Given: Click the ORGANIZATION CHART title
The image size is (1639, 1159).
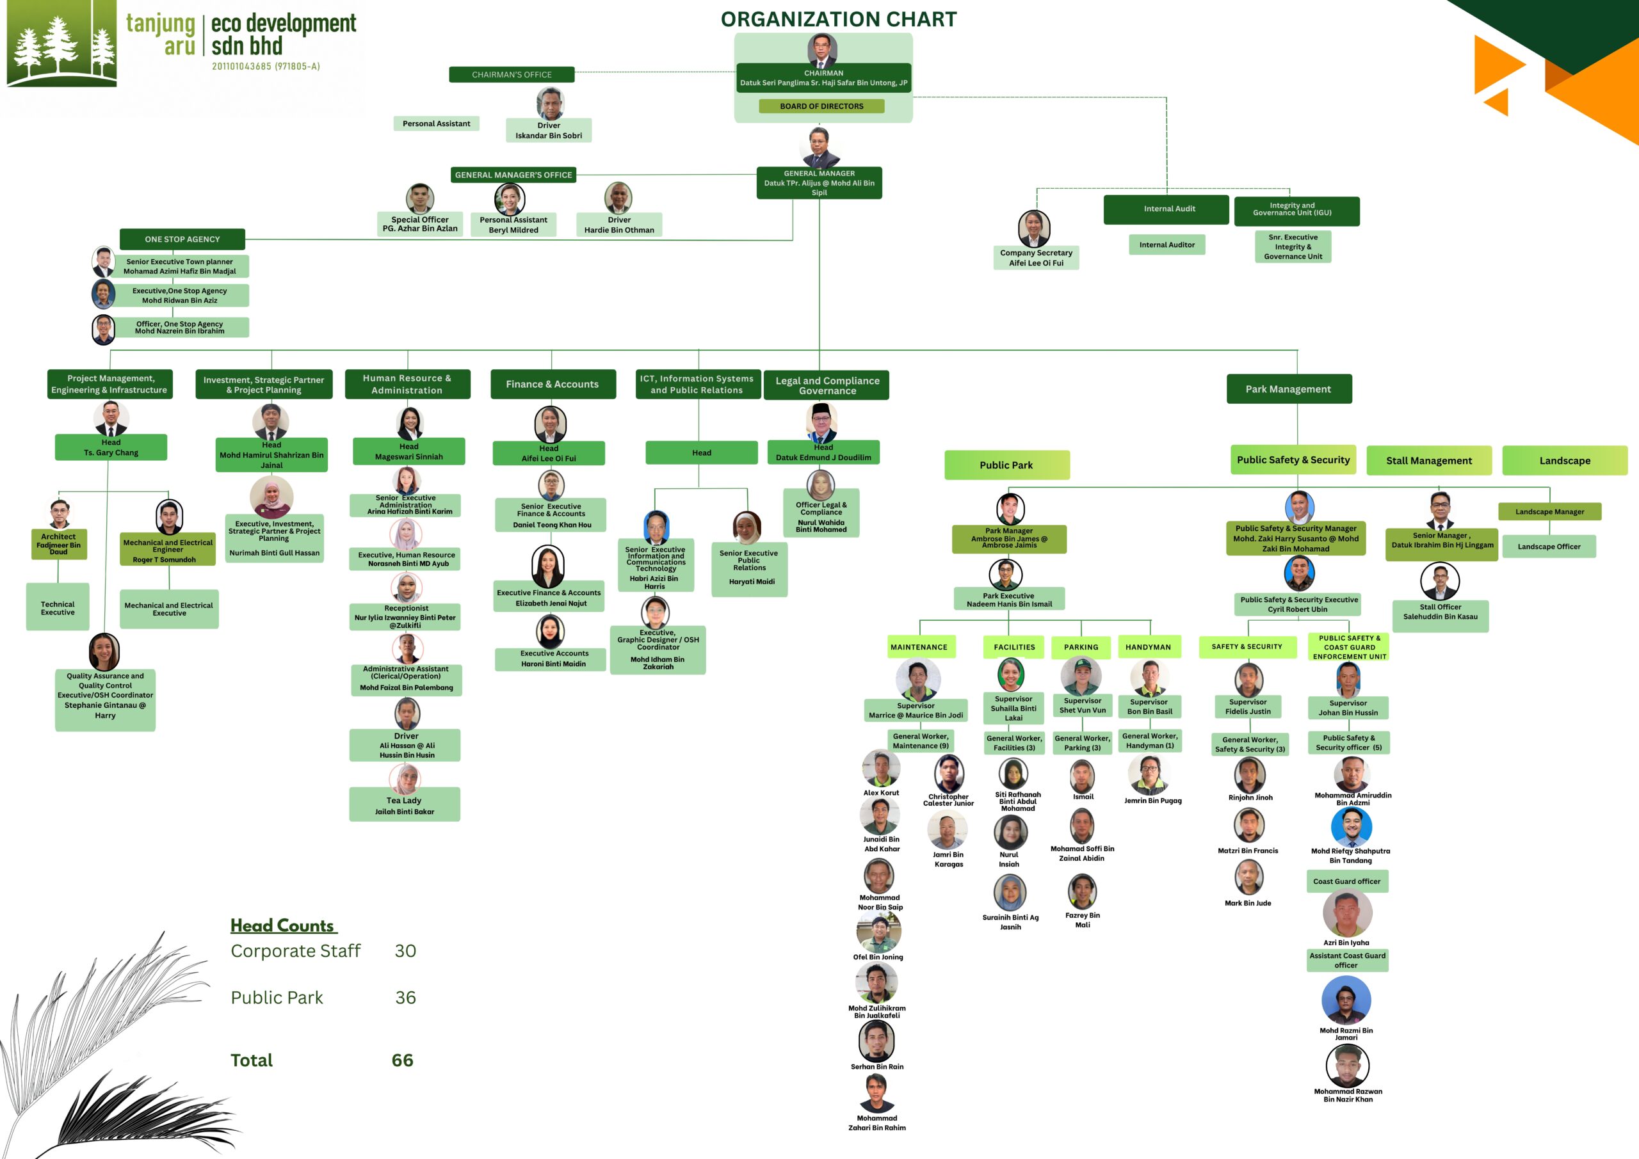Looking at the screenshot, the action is (839, 19).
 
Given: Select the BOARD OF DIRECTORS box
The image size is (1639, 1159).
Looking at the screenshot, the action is (821, 106).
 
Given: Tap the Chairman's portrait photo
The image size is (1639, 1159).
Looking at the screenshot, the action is (822, 50).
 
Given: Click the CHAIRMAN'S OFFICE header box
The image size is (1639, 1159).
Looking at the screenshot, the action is (512, 74).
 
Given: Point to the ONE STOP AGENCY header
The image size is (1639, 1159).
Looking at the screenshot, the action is (182, 239).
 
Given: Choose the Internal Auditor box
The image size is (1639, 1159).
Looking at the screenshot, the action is (1167, 244).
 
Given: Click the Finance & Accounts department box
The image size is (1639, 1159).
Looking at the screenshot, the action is (553, 384).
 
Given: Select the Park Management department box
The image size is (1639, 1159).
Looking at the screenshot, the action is (1289, 389).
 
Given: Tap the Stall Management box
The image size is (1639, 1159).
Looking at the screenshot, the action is (1429, 460).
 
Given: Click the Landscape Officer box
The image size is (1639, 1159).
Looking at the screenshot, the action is (1549, 547).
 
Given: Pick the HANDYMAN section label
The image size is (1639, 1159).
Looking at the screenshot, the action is (1148, 647).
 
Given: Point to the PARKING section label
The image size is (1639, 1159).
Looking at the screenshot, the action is (1081, 647).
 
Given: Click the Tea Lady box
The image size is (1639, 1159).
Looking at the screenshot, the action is (405, 804).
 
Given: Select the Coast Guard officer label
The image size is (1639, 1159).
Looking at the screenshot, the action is (1346, 881).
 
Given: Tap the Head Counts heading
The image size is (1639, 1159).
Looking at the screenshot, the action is (284, 925).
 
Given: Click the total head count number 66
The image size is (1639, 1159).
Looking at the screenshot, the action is (403, 1060).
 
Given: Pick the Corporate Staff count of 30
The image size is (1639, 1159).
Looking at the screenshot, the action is (405, 950).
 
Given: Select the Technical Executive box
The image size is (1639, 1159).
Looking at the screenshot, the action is (58, 607).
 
